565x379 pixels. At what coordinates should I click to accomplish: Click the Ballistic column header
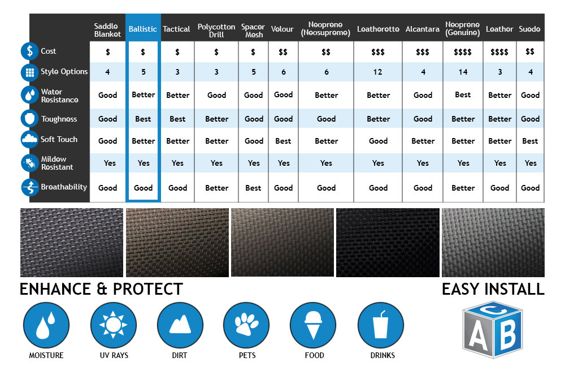point(143,29)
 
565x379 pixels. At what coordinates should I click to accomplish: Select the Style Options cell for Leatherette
point(377,72)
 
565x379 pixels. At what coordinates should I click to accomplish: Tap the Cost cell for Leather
point(499,52)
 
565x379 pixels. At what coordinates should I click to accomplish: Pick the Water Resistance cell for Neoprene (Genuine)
point(463,94)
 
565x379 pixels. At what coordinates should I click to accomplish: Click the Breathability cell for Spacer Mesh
point(253,188)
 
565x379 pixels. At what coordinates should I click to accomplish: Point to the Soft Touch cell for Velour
point(283,141)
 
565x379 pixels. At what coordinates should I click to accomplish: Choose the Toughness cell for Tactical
point(177,119)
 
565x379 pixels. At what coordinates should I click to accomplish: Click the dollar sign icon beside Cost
point(29,51)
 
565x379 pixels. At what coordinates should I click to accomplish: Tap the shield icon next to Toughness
point(29,119)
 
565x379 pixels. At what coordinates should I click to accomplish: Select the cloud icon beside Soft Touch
point(29,140)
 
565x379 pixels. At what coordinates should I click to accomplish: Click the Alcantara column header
point(422,29)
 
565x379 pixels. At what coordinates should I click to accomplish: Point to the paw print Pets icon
point(246,325)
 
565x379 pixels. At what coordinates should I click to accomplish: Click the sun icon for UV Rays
point(114,325)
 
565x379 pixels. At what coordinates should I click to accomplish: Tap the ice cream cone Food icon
point(313,325)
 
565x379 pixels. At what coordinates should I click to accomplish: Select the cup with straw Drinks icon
point(381,325)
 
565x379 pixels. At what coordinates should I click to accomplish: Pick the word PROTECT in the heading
point(148,289)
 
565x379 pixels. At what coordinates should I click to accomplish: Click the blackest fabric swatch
point(388,242)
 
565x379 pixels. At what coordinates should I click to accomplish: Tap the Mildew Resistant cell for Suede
point(531,163)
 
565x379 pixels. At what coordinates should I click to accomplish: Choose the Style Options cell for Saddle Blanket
point(107,72)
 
